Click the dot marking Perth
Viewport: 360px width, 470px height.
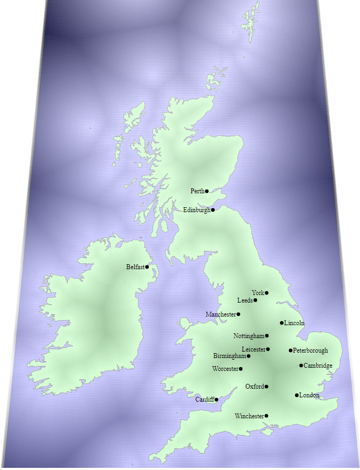(x=207, y=191)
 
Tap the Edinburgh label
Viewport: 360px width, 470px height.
(x=196, y=210)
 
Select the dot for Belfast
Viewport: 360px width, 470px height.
(x=147, y=267)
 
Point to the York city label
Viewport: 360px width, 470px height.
(x=258, y=293)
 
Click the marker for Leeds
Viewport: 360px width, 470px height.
(x=255, y=300)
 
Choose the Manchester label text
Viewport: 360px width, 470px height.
(x=220, y=314)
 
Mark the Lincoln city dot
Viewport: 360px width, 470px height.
(x=282, y=323)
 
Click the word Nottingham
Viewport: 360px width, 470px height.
(x=248, y=336)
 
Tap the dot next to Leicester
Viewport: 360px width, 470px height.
(x=268, y=349)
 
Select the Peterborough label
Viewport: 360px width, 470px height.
(x=310, y=350)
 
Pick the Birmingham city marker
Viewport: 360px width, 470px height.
(x=248, y=356)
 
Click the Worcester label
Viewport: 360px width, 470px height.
(x=225, y=369)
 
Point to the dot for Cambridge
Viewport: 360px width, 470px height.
(x=301, y=366)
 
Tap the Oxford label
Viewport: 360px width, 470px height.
(x=254, y=387)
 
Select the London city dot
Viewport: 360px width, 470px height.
(x=297, y=395)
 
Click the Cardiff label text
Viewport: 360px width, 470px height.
(x=204, y=399)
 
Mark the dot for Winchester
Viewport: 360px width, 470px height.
(x=267, y=416)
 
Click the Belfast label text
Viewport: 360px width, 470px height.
(x=135, y=267)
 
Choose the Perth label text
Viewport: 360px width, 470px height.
(x=197, y=191)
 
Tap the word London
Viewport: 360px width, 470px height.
(x=309, y=395)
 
